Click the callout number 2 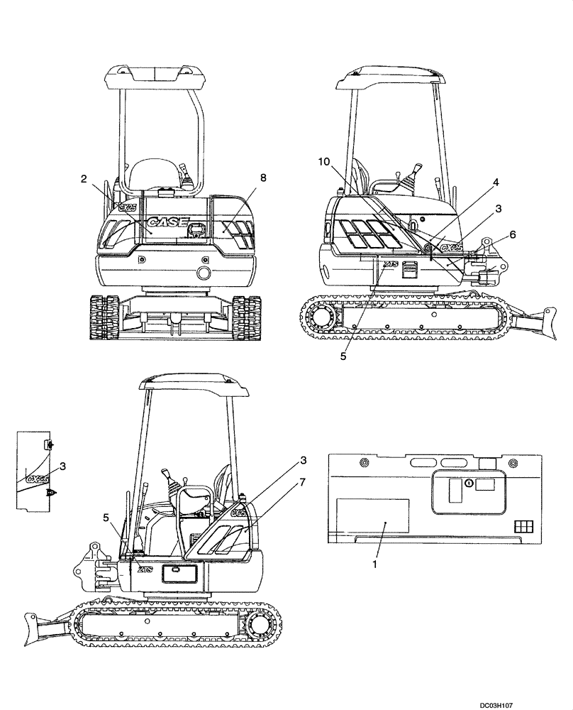click(x=84, y=179)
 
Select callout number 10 click(x=323, y=163)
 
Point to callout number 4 click(x=496, y=182)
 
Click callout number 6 click(x=513, y=234)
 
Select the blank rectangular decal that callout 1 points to click(x=372, y=515)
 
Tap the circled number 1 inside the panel click(x=469, y=483)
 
